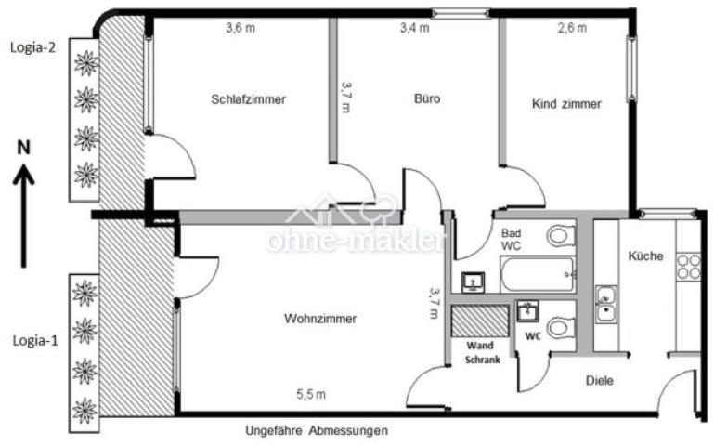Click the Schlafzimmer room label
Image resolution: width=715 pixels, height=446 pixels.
click(248, 100)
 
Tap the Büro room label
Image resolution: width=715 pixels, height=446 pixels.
click(427, 98)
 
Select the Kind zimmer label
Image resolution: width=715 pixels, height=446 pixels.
click(566, 104)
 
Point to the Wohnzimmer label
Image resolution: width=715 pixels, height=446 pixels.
click(320, 319)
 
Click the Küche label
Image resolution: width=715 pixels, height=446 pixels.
click(645, 256)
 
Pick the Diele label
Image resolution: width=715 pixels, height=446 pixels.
click(600, 380)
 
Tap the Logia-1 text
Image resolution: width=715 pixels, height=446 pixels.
click(33, 340)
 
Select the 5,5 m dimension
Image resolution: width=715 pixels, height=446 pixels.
click(311, 395)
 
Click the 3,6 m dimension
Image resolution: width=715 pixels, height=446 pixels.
click(240, 28)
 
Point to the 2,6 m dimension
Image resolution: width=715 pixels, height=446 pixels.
click(572, 28)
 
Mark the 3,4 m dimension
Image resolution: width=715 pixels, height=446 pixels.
click(414, 28)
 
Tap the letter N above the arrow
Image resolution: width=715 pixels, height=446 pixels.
click(25, 147)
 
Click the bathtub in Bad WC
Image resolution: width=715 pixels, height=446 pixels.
click(538, 275)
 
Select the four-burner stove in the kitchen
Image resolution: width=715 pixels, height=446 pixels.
click(688, 267)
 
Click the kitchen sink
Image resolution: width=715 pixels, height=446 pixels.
click(605, 304)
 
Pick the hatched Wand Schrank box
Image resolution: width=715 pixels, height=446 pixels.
click(480, 321)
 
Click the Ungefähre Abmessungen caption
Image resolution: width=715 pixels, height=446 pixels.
click(317, 431)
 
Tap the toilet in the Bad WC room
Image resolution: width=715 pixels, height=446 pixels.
click(559, 237)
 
